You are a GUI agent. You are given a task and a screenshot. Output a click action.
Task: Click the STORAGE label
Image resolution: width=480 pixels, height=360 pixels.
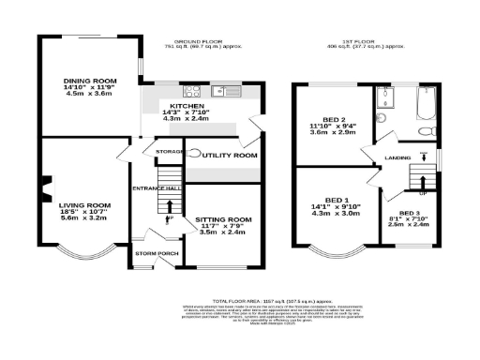tap(169, 151)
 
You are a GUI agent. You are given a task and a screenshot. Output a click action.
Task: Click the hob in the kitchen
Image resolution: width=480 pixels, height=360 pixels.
tap(194, 91)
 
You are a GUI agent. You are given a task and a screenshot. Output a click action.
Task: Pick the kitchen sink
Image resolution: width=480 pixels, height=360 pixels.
tap(227, 91)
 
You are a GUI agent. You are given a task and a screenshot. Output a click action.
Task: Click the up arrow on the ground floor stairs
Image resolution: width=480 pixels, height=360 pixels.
tap(170, 207)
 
